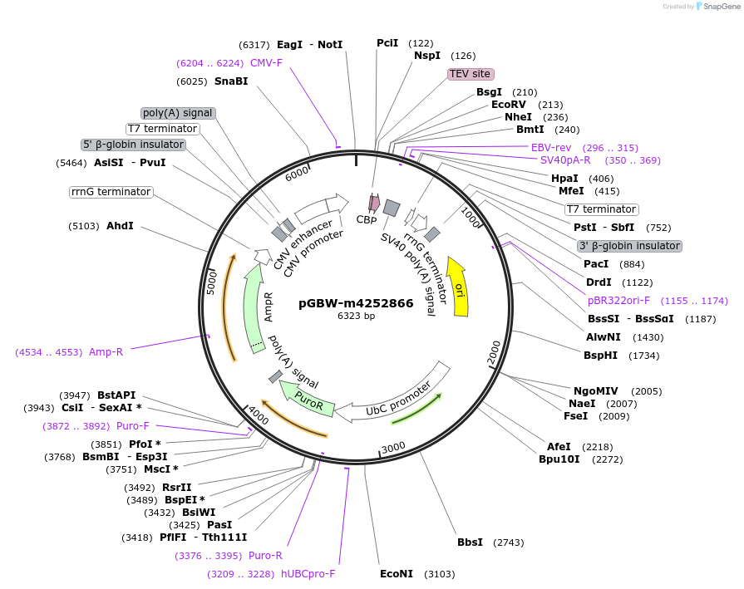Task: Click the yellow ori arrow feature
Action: click(x=457, y=287)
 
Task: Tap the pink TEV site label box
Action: click(x=471, y=74)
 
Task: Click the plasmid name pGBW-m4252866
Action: click(x=356, y=303)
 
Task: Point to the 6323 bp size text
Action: click(x=356, y=317)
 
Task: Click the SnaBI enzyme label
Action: click(x=231, y=81)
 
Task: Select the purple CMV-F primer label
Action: click(x=266, y=63)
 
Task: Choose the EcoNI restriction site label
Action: click(x=397, y=574)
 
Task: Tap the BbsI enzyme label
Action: click(x=470, y=542)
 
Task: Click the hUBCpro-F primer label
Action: click(x=308, y=573)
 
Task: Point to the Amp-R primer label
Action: click(x=106, y=352)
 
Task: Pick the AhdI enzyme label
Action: click(x=120, y=226)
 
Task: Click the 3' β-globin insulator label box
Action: click(x=629, y=246)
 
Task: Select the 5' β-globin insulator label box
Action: click(x=133, y=145)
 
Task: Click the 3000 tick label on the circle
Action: click(x=392, y=448)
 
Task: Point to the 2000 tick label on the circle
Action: click(x=494, y=352)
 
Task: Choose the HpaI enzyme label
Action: click(x=564, y=179)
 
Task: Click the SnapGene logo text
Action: click(x=719, y=7)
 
